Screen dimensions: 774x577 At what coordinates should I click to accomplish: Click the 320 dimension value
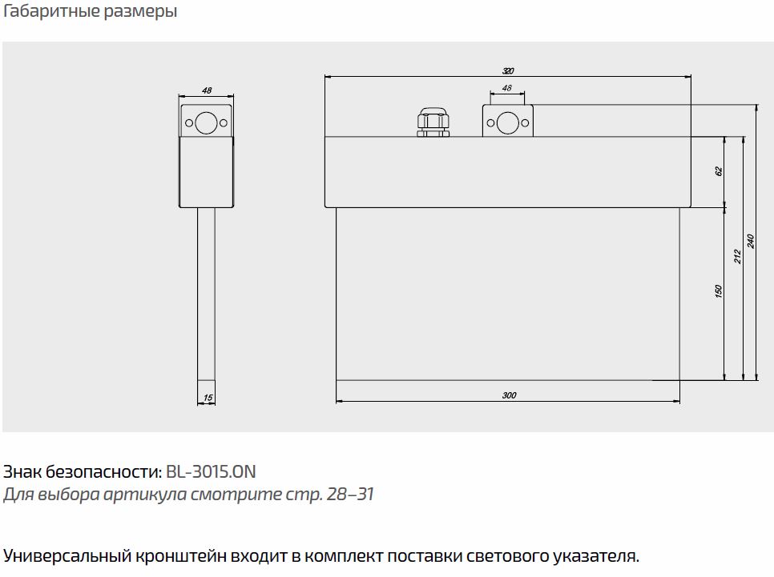[508, 70]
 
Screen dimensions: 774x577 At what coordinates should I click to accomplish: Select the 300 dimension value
[509, 395]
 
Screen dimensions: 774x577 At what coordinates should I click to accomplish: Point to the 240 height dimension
[750, 241]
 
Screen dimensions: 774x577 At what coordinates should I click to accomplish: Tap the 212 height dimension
[737, 256]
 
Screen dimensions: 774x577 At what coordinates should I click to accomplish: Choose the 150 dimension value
[718, 291]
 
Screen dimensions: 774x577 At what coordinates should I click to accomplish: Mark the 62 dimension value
[719, 171]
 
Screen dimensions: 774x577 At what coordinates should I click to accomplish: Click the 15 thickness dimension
[208, 398]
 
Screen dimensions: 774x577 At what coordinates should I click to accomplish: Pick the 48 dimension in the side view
[207, 90]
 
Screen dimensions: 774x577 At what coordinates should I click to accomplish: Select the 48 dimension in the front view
[507, 88]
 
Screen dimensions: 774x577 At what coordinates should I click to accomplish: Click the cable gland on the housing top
[433, 122]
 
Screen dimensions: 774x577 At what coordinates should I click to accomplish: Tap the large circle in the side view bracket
[206, 122]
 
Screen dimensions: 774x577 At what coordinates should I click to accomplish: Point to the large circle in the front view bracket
[507, 122]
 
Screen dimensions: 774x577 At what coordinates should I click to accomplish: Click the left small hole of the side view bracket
[189, 122]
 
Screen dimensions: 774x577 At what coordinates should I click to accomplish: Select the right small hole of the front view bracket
[525, 123]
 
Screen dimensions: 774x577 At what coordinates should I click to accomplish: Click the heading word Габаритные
[52, 11]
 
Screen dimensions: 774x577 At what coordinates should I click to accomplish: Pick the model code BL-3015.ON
[211, 472]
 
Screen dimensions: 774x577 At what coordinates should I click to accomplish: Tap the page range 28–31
[350, 494]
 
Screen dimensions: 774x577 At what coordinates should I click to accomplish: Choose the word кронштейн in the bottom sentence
[181, 556]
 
